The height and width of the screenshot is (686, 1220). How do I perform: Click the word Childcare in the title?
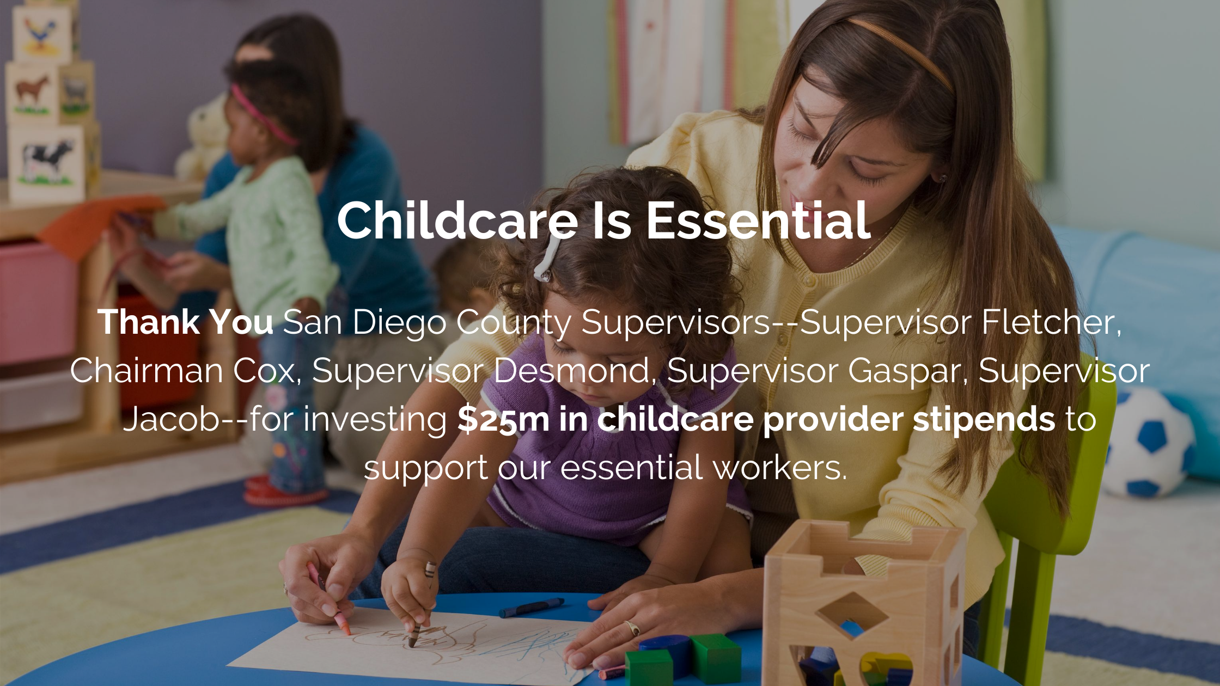tap(457, 220)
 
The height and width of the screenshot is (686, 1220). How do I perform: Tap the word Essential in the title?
tap(758, 220)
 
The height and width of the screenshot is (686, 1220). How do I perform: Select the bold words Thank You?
tap(186, 322)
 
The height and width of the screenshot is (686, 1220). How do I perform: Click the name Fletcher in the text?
tap(1051, 322)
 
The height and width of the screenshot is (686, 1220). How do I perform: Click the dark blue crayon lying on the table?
tap(532, 607)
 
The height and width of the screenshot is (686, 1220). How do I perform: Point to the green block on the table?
tap(716, 658)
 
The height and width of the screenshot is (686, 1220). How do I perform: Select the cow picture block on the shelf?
tap(47, 162)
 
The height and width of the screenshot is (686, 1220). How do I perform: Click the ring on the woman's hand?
tap(632, 628)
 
